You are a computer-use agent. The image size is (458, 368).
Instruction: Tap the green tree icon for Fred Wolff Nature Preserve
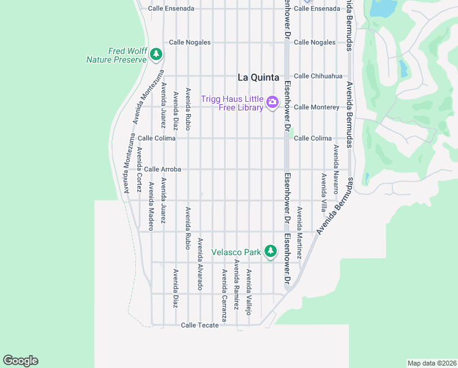(x=156, y=55)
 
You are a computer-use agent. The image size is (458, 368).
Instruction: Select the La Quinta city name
(x=258, y=78)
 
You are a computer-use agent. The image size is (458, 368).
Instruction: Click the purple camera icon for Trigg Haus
(x=272, y=101)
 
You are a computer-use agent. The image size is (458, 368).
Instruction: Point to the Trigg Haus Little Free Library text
(x=233, y=103)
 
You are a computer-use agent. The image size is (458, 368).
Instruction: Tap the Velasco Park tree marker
(x=270, y=251)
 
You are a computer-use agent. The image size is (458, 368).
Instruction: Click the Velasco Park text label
(x=236, y=251)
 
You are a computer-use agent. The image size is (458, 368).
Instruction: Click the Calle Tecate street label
(x=200, y=325)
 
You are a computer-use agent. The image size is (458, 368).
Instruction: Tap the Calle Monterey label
(x=317, y=107)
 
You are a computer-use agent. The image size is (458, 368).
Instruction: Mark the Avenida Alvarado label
(x=200, y=264)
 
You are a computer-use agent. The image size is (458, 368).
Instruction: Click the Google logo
(x=20, y=361)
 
